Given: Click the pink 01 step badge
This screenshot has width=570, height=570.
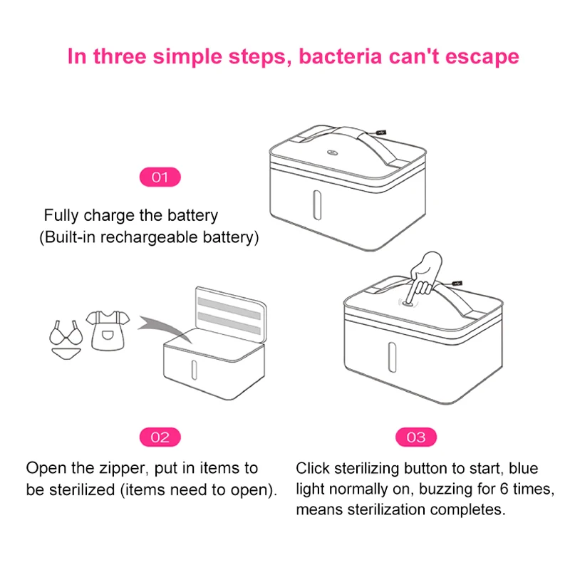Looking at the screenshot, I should (x=160, y=177).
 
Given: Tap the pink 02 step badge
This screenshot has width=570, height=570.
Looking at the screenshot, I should (x=160, y=437).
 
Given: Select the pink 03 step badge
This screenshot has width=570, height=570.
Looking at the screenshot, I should (x=415, y=437).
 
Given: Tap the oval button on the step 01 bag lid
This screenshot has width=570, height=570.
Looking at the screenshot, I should (x=333, y=152).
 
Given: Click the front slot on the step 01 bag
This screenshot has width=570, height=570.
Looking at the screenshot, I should (x=316, y=205).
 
